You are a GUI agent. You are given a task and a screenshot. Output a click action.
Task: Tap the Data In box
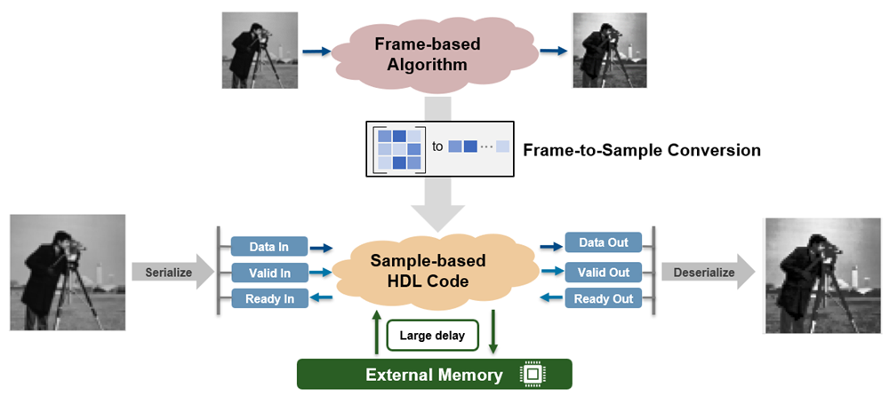click(x=269, y=247)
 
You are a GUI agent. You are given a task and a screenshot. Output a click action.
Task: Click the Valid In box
click(x=269, y=272)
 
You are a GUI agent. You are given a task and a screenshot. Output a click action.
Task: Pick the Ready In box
click(x=269, y=297)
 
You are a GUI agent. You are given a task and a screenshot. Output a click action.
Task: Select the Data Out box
click(x=603, y=242)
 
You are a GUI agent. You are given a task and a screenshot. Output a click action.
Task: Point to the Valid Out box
click(x=603, y=272)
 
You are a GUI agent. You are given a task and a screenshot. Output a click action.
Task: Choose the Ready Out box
click(x=603, y=298)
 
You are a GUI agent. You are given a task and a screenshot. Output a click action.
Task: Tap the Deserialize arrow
click(x=708, y=273)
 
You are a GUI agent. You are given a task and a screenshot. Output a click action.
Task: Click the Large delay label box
click(x=432, y=336)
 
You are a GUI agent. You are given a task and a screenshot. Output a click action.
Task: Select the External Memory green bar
click(x=434, y=375)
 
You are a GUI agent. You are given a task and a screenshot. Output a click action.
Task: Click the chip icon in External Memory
click(x=533, y=375)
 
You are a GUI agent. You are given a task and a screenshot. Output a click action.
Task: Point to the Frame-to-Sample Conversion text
click(x=642, y=150)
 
